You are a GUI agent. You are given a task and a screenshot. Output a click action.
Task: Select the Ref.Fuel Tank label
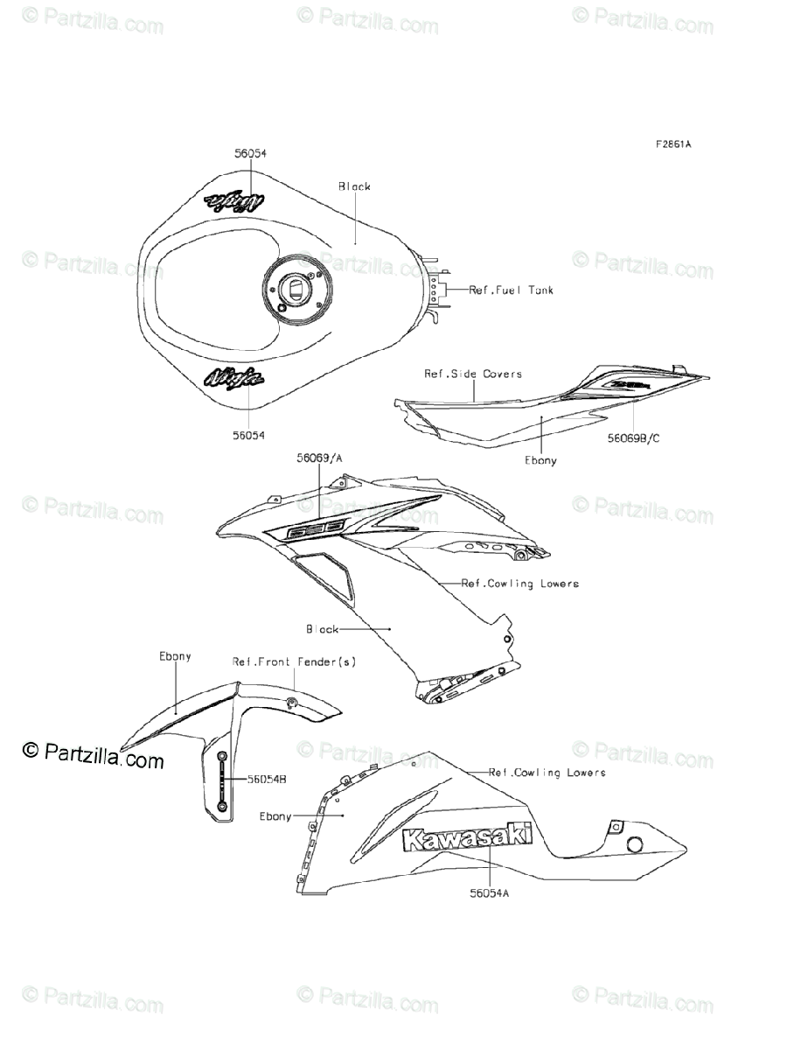tap(511, 290)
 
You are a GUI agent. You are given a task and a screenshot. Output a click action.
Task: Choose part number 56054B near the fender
tap(264, 778)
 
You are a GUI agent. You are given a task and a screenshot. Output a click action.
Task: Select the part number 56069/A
tap(318, 457)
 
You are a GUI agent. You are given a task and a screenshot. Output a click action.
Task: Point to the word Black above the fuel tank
tap(354, 186)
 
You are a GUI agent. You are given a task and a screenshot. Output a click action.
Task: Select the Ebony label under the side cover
tap(540, 459)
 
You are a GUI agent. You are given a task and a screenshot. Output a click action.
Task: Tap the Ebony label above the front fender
tap(175, 655)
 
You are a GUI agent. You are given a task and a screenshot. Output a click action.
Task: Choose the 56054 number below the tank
tap(249, 434)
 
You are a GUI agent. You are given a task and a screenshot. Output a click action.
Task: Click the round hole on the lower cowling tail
tap(634, 845)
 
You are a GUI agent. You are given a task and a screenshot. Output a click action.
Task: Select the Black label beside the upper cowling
tap(322, 628)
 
